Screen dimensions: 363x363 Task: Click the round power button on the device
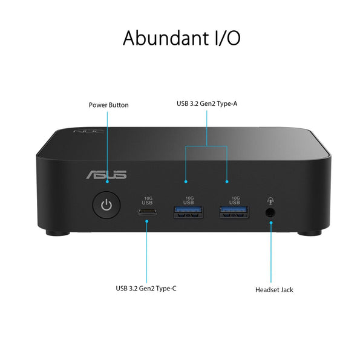click(x=106, y=205)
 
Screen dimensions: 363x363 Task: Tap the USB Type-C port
click(x=147, y=212)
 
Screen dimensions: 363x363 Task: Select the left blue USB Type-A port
click(x=188, y=212)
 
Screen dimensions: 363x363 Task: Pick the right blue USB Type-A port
click(x=234, y=212)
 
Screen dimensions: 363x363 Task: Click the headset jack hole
click(x=270, y=212)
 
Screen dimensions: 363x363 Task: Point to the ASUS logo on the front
click(x=106, y=175)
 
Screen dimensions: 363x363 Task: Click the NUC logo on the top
click(x=89, y=131)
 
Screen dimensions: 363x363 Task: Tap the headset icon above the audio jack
click(x=270, y=200)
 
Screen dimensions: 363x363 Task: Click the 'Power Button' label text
click(x=108, y=105)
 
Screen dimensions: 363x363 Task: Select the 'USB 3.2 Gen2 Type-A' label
click(x=207, y=103)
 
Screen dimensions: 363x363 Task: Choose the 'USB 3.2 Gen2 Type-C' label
click(x=146, y=289)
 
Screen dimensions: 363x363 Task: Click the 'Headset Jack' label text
click(x=274, y=290)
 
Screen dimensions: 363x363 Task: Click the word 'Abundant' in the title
click(x=166, y=38)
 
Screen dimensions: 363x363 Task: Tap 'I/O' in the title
click(x=228, y=38)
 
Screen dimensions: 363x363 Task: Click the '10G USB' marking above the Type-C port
click(x=147, y=201)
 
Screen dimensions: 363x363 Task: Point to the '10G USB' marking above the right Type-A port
click(x=235, y=200)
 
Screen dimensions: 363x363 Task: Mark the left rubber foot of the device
click(x=57, y=233)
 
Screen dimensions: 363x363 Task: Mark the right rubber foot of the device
click(x=310, y=233)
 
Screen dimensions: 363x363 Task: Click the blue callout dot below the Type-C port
click(x=147, y=221)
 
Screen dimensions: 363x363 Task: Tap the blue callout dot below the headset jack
click(x=271, y=223)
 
